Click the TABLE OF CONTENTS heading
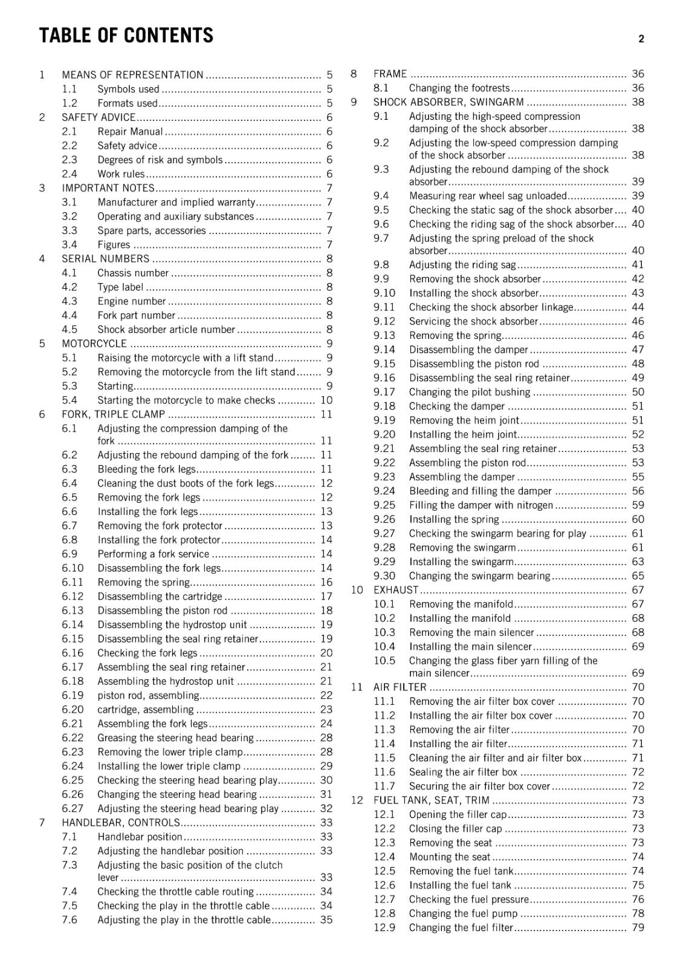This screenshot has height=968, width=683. pyautogui.click(x=126, y=36)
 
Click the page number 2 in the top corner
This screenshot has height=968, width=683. pyautogui.click(x=641, y=39)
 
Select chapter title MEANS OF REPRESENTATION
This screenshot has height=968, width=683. pyautogui.click(x=132, y=75)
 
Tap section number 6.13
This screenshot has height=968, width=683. pyautogui.click(x=73, y=610)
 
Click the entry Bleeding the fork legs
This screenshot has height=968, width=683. pyautogui.click(x=146, y=469)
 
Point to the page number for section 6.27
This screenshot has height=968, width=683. pyautogui.click(x=326, y=808)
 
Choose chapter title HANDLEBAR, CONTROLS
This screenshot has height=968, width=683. pyautogui.click(x=121, y=823)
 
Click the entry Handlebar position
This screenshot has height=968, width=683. pyautogui.click(x=140, y=837)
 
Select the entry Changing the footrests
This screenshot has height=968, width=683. pyautogui.click(x=459, y=88)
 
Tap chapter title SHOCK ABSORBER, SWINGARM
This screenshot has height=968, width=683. pyautogui.click(x=448, y=102)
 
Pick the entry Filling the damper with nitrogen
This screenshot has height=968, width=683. pyautogui.click(x=481, y=505)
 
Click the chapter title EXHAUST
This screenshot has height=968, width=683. pyautogui.click(x=396, y=590)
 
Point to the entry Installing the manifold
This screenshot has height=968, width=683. pyautogui.click(x=459, y=618)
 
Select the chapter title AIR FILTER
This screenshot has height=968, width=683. pyautogui.click(x=400, y=687)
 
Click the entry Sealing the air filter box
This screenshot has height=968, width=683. pyautogui.click(x=463, y=772)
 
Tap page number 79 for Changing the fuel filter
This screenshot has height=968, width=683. pyautogui.click(x=638, y=927)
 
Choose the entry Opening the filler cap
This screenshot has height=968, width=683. pyautogui.click(x=458, y=814)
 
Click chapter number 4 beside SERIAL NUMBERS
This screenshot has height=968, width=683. pyautogui.click(x=42, y=259)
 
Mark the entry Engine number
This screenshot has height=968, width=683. pyautogui.click(x=131, y=301)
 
